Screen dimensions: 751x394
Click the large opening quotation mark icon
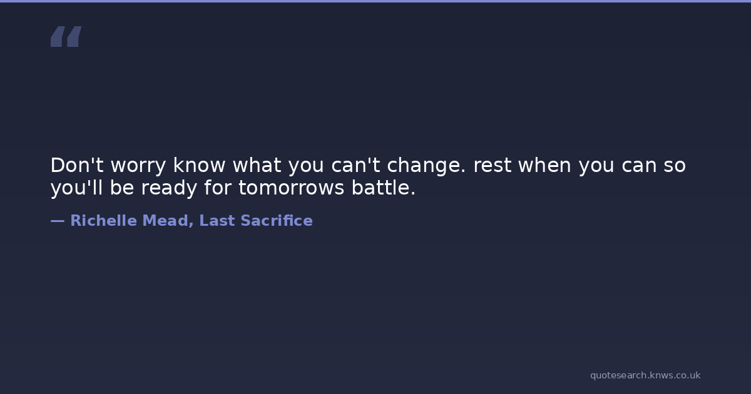pyautogui.click(x=66, y=36)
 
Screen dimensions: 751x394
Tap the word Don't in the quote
pyautogui.click(x=77, y=165)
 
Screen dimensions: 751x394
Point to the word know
pyautogui.click(x=199, y=165)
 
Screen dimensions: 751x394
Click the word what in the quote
pyautogui.click(x=257, y=165)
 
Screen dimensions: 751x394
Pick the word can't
pyautogui.click(x=355, y=165)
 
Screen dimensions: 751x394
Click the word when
pyautogui.click(x=545, y=165)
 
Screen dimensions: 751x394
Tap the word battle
pyautogui.click(x=384, y=188)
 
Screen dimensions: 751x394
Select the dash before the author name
pyautogui.click(x=58, y=221)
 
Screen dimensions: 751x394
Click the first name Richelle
pyautogui.click(x=104, y=220)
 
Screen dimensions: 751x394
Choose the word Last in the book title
pyautogui.click(x=217, y=220)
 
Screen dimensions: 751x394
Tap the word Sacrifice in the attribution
pyautogui.click(x=277, y=220)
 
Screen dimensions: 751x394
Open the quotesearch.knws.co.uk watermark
pyautogui.click(x=645, y=376)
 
